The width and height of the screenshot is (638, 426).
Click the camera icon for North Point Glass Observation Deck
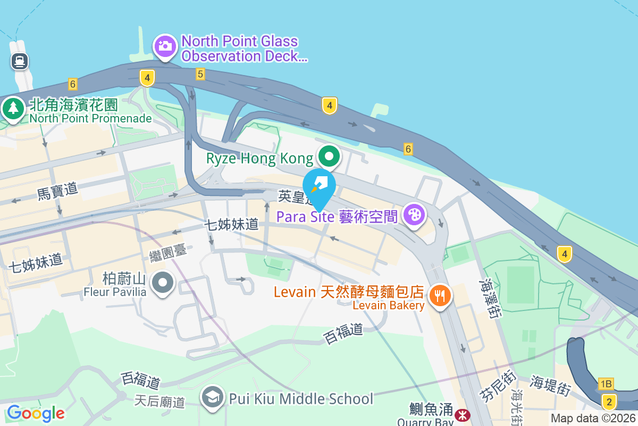coord(165,46)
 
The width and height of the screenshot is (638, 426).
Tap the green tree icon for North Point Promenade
coord(13,109)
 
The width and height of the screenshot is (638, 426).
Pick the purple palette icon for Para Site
coord(414,215)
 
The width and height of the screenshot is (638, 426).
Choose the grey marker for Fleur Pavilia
coord(163,283)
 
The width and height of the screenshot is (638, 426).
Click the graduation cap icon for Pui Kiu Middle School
coord(213,398)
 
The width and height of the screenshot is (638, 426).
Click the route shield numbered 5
coord(200,74)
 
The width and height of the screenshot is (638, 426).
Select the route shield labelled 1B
coord(606,384)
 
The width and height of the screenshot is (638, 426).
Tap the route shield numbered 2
coord(609,400)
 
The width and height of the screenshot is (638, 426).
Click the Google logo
coord(36,413)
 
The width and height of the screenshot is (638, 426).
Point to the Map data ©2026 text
coord(592,419)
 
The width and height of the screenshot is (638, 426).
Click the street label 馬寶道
coord(57,191)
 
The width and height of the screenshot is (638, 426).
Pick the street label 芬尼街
coord(490,386)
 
